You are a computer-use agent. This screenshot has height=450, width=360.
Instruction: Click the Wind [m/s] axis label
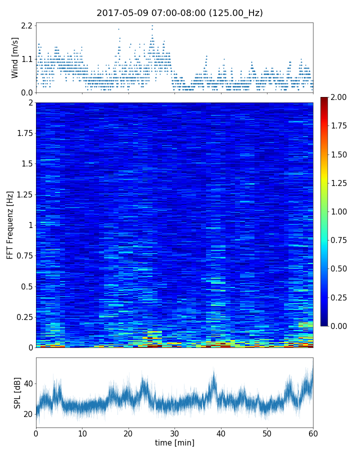[x=15, y=57]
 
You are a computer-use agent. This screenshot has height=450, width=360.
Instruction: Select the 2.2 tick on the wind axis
[x=26, y=25]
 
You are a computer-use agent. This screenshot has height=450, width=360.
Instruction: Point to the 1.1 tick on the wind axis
[x=26, y=59]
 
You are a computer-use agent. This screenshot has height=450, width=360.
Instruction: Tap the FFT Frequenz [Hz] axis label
[x=10, y=224]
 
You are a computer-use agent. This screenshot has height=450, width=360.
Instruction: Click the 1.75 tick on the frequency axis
[x=23, y=133]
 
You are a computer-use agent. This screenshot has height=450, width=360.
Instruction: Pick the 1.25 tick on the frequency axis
[x=23, y=194]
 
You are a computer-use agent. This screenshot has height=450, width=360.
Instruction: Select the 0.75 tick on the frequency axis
[x=23, y=256]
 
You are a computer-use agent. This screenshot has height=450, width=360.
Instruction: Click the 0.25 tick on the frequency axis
[x=23, y=317]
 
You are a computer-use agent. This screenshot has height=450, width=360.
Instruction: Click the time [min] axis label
[x=174, y=442]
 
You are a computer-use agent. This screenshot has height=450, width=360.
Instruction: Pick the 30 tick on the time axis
[x=174, y=432]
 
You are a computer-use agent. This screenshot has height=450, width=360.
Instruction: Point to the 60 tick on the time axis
[x=313, y=432]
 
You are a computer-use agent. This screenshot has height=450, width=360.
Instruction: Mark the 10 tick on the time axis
[x=82, y=432]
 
